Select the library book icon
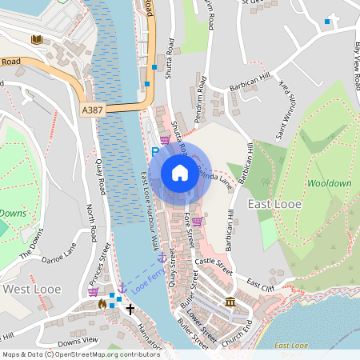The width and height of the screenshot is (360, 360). (35, 39)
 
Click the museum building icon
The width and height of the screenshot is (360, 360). (230, 302)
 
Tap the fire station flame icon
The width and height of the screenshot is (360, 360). (102, 303)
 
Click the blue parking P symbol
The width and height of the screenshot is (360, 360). (155, 151)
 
